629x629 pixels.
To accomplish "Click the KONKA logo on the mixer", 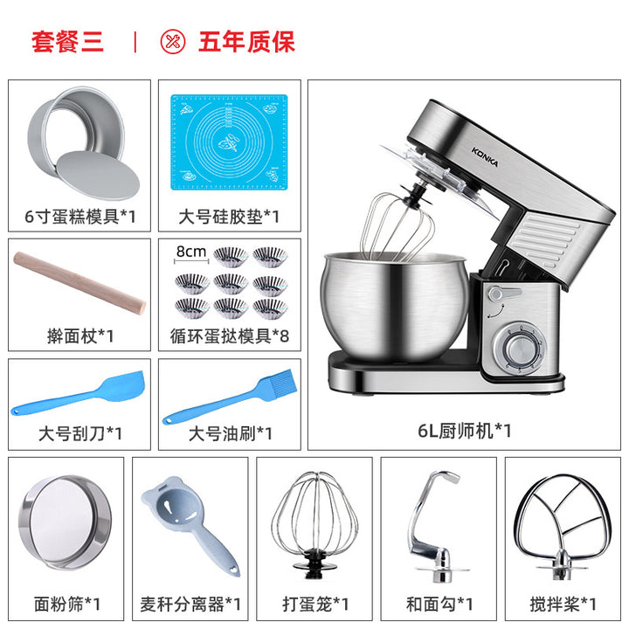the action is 485,157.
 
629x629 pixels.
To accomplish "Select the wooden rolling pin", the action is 79,283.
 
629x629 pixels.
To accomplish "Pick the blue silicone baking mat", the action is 229,142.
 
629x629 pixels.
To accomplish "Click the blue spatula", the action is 77,393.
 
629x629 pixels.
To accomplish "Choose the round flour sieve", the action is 65,522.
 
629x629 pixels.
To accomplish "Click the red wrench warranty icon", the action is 173,42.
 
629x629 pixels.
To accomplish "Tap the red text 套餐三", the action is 67,42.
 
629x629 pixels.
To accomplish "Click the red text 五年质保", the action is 246,42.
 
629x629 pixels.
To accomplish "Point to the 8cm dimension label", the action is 191,252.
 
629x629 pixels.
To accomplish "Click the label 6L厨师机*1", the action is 464,431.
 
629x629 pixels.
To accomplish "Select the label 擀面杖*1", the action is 79,335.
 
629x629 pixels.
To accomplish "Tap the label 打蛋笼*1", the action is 314,604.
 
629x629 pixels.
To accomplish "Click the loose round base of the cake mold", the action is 99,176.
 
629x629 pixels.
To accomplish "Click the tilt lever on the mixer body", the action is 503,294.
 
